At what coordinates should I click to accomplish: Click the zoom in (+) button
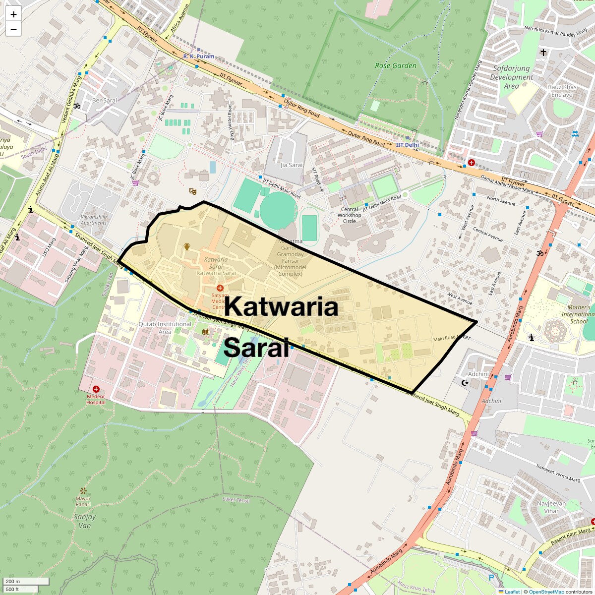click(13, 14)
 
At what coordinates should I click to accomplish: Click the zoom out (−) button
click(13, 29)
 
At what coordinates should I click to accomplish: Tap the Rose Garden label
click(395, 65)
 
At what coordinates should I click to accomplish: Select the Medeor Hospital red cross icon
click(96, 390)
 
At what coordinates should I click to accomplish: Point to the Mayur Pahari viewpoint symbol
click(83, 490)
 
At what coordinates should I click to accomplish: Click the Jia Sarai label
click(291, 165)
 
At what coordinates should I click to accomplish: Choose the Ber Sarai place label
click(105, 100)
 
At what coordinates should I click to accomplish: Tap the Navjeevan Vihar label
click(551, 507)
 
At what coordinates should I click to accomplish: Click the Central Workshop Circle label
click(349, 215)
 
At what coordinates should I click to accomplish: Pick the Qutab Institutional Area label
click(165, 328)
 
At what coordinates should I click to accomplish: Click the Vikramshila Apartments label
click(94, 220)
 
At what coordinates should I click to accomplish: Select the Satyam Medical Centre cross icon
click(220, 288)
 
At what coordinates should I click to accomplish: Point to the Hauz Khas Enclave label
click(562, 91)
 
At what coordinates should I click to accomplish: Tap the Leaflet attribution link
click(512, 592)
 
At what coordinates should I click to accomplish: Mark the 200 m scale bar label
click(13, 581)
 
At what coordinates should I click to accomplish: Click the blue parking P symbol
click(491, 577)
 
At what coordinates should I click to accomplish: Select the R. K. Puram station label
click(199, 57)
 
